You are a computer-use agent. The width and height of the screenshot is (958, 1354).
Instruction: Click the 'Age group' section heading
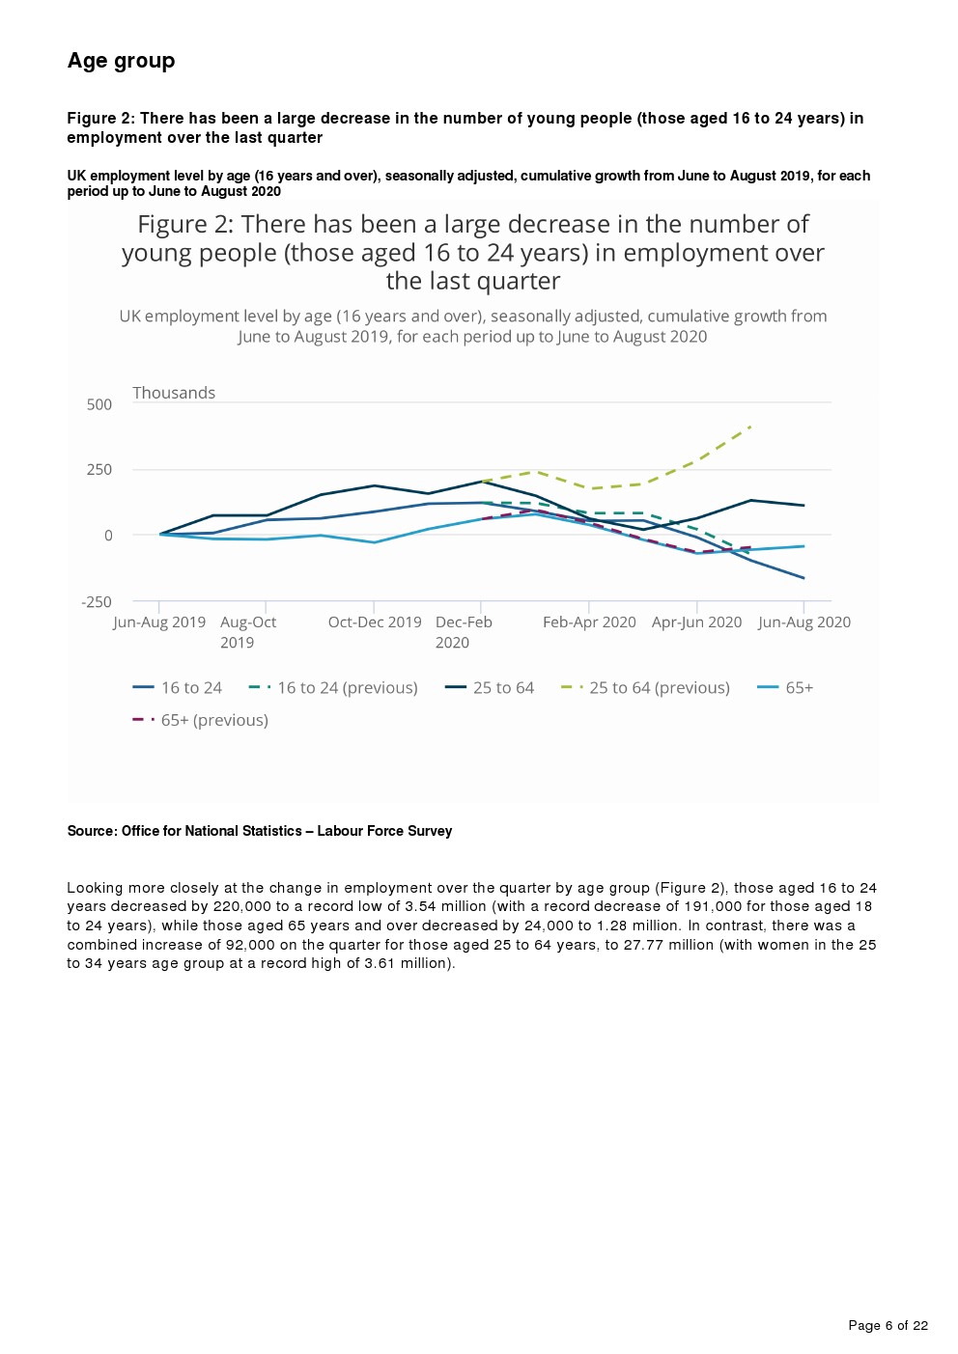[121, 61]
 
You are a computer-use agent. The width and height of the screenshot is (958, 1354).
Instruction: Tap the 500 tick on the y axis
[99, 404]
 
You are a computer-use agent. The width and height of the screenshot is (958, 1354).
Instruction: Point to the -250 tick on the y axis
[97, 602]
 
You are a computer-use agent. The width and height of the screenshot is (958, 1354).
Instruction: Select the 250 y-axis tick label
[99, 470]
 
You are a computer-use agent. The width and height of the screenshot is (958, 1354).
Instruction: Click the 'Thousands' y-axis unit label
[174, 393]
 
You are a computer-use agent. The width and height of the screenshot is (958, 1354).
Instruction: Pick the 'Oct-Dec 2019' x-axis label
[375, 622]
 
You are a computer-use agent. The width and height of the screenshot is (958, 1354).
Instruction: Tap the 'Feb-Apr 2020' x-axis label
[589, 622]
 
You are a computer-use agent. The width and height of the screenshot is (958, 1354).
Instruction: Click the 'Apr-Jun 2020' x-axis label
[696, 622]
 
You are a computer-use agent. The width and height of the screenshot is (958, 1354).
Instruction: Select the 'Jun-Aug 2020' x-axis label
[804, 622]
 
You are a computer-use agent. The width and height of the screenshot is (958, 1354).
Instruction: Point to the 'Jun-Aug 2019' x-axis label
[159, 622]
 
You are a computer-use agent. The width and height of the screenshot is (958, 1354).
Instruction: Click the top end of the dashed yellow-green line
[750, 426]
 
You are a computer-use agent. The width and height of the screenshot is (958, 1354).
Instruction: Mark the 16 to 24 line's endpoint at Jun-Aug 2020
[804, 578]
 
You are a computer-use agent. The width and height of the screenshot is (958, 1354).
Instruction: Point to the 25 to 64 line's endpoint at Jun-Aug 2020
[804, 506]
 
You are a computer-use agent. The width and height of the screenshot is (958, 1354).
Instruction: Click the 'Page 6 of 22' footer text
[888, 1326]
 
